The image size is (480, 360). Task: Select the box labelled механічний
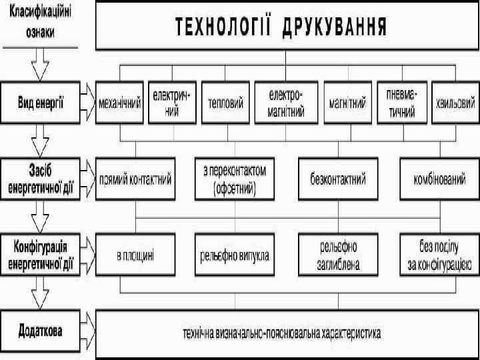click(120, 103)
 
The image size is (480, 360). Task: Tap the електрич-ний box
click(172, 103)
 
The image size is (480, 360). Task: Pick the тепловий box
click(225, 103)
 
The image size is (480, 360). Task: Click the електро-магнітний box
click(285, 103)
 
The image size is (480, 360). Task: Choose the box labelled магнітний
click(347, 103)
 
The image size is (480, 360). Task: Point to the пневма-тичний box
click(401, 103)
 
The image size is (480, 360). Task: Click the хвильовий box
click(455, 103)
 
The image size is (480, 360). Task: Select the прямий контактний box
click(135, 179)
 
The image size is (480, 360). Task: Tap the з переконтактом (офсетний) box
click(234, 179)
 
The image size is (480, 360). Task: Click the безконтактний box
click(338, 179)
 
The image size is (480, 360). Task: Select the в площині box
click(135, 254)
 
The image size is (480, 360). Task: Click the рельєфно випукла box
click(234, 254)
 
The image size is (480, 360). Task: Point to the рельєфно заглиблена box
click(338, 254)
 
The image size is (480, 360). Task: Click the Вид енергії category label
click(41, 102)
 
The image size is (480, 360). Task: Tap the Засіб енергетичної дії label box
click(41, 179)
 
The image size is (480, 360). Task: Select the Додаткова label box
click(41, 331)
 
